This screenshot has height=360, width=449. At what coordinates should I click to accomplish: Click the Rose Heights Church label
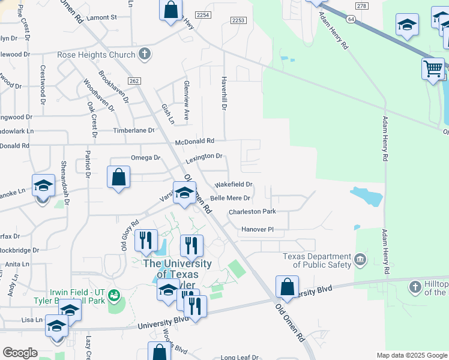[x=96, y=55]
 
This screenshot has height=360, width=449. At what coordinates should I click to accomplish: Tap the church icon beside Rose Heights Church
[x=144, y=55]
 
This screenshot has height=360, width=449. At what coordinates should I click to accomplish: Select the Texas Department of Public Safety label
[x=318, y=260]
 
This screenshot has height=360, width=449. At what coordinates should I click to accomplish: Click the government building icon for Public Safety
[x=360, y=259]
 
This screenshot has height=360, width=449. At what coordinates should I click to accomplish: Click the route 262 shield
[x=134, y=81]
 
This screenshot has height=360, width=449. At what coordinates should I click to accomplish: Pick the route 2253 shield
[x=238, y=20]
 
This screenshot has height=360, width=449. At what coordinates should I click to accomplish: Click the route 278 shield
[x=361, y=6]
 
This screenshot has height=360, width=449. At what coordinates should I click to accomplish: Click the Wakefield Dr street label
[x=234, y=184]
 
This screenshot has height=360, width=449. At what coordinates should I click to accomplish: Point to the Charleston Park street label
[x=252, y=212]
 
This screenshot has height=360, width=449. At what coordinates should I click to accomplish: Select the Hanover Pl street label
[x=258, y=229]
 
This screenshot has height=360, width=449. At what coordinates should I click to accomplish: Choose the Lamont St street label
[x=101, y=18]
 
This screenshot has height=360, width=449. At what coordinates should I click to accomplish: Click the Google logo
[x=20, y=353]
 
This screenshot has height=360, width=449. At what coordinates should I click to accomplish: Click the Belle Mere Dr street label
[x=230, y=197]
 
